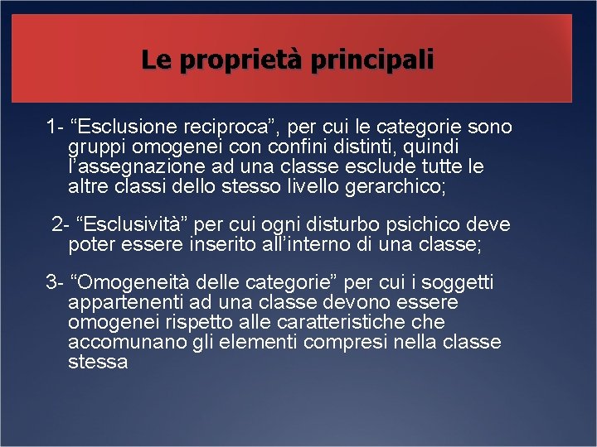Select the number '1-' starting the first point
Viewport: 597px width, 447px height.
[56, 127]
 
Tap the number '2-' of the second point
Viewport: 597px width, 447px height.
[61, 225]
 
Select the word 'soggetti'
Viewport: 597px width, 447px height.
[459, 284]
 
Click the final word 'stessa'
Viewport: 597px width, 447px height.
[98, 362]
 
